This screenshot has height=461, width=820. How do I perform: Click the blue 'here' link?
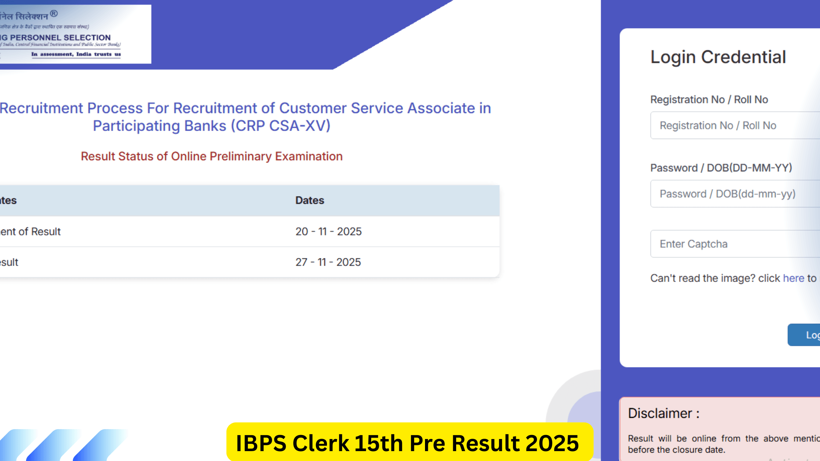pyautogui.click(x=793, y=278)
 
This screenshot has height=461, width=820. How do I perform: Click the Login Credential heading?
pyautogui.click(x=718, y=57)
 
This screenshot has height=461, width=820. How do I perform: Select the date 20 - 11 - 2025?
pyautogui.click(x=328, y=232)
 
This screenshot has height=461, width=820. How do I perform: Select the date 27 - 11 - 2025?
pyautogui.click(x=328, y=262)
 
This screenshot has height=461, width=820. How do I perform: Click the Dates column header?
pyautogui.click(x=310, y=200)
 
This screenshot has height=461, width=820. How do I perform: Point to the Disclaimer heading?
pyautogui.click(x=664, y=413)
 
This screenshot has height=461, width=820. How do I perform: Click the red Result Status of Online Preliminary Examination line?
pyautogui.click(x=212, y=157)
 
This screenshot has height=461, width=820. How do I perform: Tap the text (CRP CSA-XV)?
pyautogui.click(x=280, y=126)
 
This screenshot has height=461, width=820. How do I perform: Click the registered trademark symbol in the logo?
pyautogui.click(x=54, y=14)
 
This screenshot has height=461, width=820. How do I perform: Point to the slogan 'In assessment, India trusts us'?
pyautogui.click(x=76, y=55)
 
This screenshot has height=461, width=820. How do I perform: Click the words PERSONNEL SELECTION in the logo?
pyautogui.click(x=60, y=38)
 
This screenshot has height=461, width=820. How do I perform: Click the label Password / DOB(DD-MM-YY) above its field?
pyautogui.click(x=721, y=168)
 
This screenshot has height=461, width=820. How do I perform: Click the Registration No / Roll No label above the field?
pyautogui.click(x=709, y=100)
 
